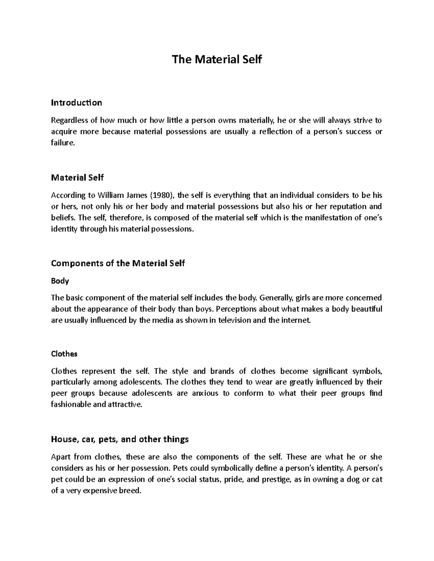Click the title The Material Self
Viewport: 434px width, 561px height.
tap(217, 59)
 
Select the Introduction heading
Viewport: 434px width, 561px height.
tap(76, 103)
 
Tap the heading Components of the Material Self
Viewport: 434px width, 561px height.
tap(118, 263)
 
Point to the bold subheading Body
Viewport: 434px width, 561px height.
tap(60, 281)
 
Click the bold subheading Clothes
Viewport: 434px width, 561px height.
tap(64, 354)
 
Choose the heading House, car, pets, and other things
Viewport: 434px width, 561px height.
tap(120, 439)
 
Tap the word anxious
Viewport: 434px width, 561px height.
tap(205, 393)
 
